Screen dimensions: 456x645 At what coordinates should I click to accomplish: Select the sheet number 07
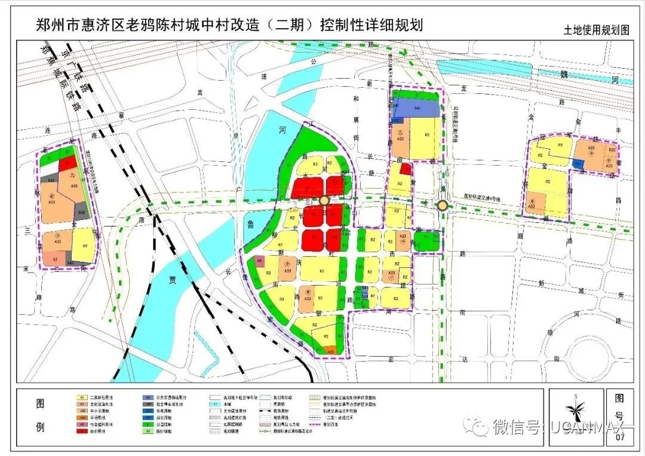pyautogui.click(x=619, y=438)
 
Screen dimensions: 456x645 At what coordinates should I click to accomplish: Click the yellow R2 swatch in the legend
pyautogui.click(x=80, y=396)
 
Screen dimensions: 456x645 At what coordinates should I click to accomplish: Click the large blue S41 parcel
pyautogui.click(x=418, y=107)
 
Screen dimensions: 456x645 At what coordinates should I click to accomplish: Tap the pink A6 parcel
pyautogui.click(x=259, y=261)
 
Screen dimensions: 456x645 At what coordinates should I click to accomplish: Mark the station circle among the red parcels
pyautogui.click(x=324, y=201)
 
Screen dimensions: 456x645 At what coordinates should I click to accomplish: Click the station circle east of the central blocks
pyautogui.click(x=443, y=206)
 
